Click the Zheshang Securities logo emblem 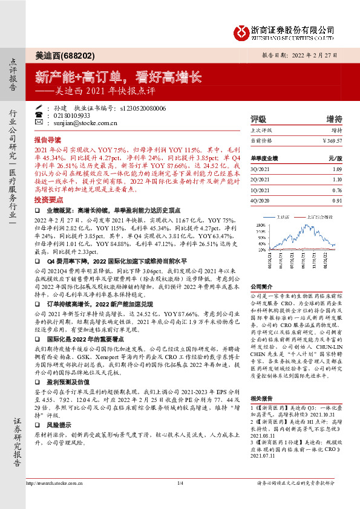click(x=243, y=31)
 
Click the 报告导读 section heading click(x=48, y=139)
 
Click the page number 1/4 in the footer click(x=180, y=500)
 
